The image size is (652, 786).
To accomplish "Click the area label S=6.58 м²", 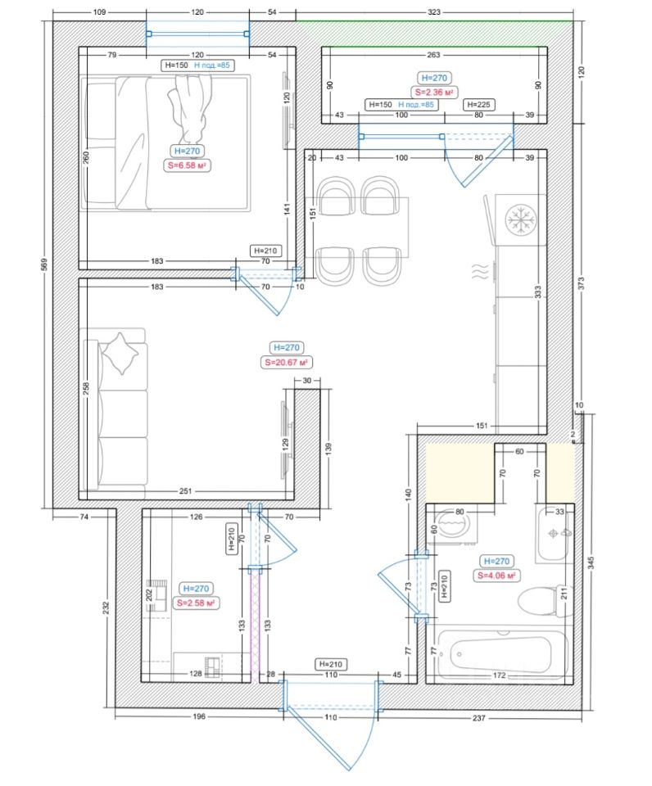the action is [x=187, y=165].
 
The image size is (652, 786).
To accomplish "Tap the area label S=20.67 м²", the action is [x=286, y=362].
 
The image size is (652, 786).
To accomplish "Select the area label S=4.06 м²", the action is [x=496, y=576].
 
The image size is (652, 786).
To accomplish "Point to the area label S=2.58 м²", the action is [x=196, y=603].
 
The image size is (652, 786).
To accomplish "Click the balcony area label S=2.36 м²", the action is [x=434, y=93].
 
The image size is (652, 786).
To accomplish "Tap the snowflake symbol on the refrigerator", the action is [x=521, y=219].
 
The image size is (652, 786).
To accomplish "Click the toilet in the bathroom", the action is [x=543, y=600].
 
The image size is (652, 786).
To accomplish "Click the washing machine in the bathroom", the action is [x=451, y=526].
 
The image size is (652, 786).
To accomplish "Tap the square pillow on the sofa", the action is [x=120, y=354].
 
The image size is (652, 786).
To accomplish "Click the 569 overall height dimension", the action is [x=43, y=264].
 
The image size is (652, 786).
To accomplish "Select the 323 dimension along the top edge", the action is [x=434, y=11].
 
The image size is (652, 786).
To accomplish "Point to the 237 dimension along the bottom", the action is [x=479, y=718].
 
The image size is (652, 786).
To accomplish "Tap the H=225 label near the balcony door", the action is [x=478, y=104].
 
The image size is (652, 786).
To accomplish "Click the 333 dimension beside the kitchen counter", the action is [x=537, y=291].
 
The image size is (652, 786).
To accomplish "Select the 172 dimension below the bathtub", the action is [x=499, y=675].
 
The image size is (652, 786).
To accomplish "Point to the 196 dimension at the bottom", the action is [x=199, y=716].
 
